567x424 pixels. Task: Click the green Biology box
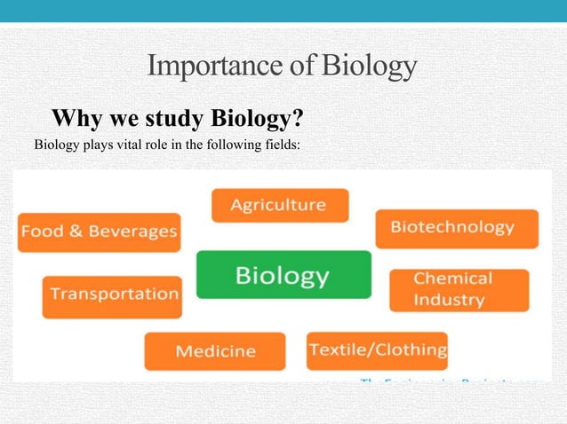283,275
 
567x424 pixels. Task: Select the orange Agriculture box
279,205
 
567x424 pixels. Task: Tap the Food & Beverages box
99,232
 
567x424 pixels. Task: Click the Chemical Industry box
459,289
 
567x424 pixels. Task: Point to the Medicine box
215,351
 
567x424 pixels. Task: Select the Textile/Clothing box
377,350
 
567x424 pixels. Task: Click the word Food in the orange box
41,232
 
